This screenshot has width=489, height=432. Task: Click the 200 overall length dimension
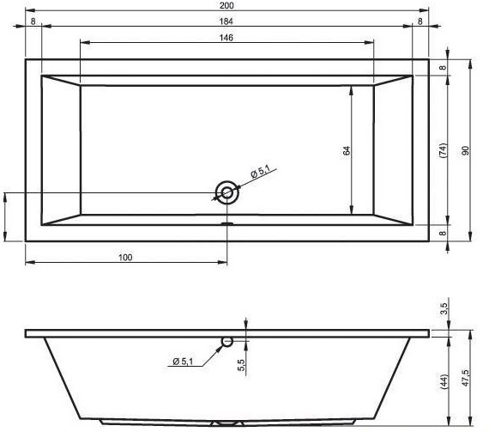tap(226, 5)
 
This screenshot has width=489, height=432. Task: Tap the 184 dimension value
tap(226, 21)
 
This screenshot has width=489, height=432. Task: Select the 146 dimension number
tap(226, 38)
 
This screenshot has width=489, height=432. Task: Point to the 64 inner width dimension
tap(347, 150)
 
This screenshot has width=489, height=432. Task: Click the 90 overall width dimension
tap(465, 150)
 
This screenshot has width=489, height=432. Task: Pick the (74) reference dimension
tap(443, 150)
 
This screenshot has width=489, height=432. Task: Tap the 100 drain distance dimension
tap(125, 258)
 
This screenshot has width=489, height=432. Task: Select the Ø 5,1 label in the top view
tap(260, 172)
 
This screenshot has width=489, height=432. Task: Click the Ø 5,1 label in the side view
tap(183, 362)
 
